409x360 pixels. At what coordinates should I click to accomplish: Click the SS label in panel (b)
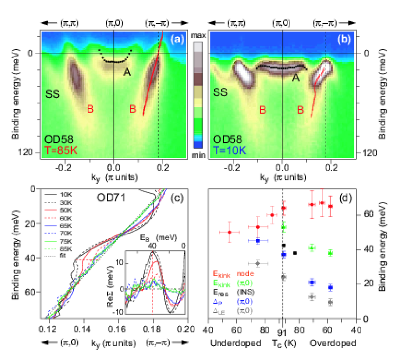click(220, 92)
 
